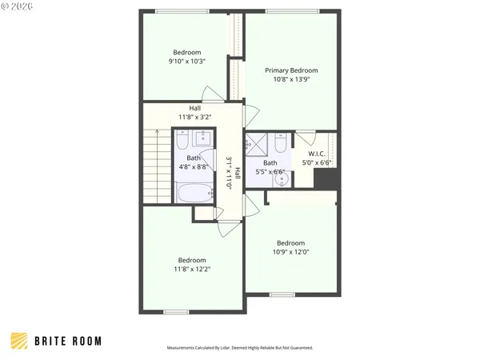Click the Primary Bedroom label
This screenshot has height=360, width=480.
point(290,70)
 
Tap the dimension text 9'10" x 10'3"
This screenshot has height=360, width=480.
point(187,62)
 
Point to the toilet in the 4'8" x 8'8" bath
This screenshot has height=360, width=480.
point(182,142)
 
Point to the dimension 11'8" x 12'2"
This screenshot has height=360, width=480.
point(192,270)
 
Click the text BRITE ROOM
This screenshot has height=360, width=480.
point(68,341)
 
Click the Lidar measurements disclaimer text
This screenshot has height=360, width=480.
point(239,348)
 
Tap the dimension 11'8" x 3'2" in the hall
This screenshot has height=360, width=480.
point(194,118)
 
